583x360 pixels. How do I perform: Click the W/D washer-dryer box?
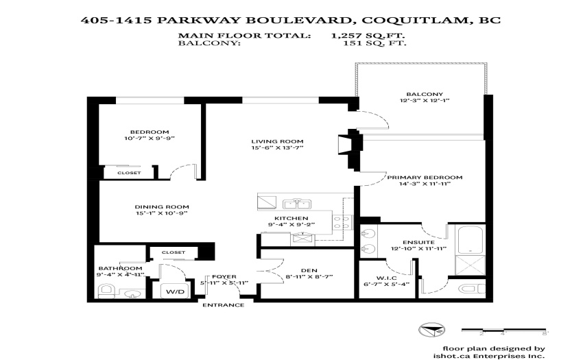175,291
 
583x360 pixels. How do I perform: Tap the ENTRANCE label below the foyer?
224,305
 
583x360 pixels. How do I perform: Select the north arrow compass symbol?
431,330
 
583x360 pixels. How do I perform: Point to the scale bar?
504,330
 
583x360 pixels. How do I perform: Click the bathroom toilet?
105,291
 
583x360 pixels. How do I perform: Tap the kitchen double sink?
297,204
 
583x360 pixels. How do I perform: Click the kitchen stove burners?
342,222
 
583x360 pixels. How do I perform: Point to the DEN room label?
309,270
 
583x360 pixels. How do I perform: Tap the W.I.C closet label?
386,278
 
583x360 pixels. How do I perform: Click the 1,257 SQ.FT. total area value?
368,36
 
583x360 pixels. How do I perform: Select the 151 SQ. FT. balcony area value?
374,43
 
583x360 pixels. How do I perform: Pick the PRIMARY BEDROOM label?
425,178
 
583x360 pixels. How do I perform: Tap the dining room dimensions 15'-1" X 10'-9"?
161,213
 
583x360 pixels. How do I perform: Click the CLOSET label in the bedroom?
129,173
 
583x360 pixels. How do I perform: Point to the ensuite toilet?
471,289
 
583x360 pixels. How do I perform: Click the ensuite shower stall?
471,265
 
